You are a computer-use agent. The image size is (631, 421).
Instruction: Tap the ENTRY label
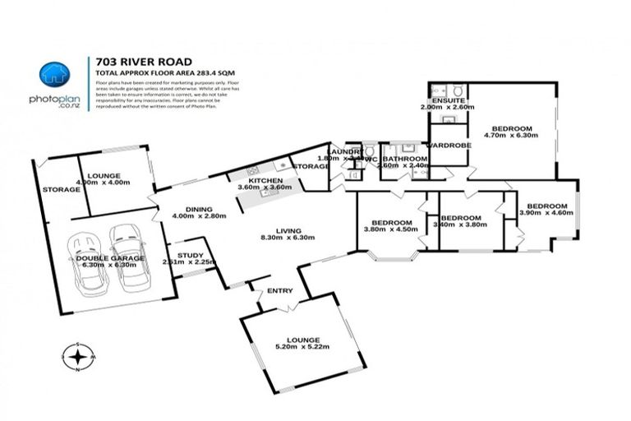pos(279,291)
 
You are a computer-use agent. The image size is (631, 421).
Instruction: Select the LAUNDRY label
pos(343,151)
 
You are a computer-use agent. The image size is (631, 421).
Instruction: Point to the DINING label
pos(199,209)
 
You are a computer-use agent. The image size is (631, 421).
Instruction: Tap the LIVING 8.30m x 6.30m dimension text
pos(276,238)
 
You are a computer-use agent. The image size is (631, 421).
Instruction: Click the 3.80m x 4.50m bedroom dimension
pos(390,231)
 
